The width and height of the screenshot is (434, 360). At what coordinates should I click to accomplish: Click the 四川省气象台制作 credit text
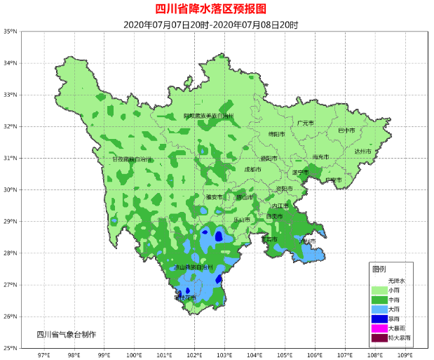pyautogui.click(x=67, y=333)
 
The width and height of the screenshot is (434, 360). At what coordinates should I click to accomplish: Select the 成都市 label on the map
pyautogui.click(x=252, y=170)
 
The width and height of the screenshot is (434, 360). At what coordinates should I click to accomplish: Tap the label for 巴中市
pyautogui.click(x=346, y=131)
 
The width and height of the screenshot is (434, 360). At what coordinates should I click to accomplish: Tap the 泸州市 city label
pyautogui.click(x=307, y=241)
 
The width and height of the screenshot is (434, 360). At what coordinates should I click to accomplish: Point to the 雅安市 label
pyautogui.click(x=214, y=197)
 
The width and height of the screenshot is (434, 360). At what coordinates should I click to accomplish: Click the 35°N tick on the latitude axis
pyautogui.click(x=10, y=32)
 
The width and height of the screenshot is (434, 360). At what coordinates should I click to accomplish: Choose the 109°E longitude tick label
pyautogui.click(x=405, y=354)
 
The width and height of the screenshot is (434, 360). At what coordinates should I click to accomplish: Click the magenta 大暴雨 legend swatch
pyautogui.click(x=379, y=328)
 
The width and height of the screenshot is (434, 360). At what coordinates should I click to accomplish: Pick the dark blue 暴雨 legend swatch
pyautogui.click(x=379, y=318)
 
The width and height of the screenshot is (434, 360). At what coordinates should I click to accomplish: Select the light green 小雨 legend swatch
pyautogui.click(x=379, y=289)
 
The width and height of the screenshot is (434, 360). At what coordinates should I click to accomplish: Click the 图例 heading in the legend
pyautogui.click(x=379, y=269)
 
